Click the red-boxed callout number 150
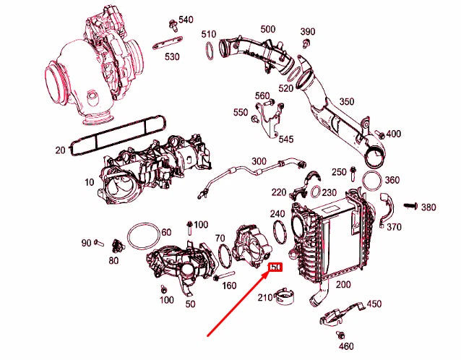[x=275, y=269]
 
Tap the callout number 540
[x=186, y=20]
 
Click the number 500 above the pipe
[x=267, y=29]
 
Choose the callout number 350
[x=347, y=102]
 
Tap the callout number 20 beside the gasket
[x=59, y=150]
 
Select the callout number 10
[x=89, y=182]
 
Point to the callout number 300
[x=258, y=160]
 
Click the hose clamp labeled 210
[x=286, y=297]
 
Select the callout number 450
[x=374, y=304]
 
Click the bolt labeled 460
[x=340, y=335]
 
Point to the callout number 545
[x=286, y=139]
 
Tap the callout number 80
[x=113, y=260]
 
